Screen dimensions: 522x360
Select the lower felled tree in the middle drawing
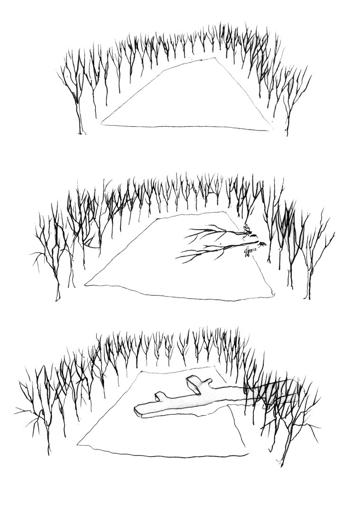click(213, 249)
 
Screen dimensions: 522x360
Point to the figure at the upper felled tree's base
click(246, 230)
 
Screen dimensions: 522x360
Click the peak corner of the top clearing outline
click(214, 58)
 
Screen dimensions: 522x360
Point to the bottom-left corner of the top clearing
click(101, 124)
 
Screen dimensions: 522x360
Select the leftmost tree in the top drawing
click(76, 95)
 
